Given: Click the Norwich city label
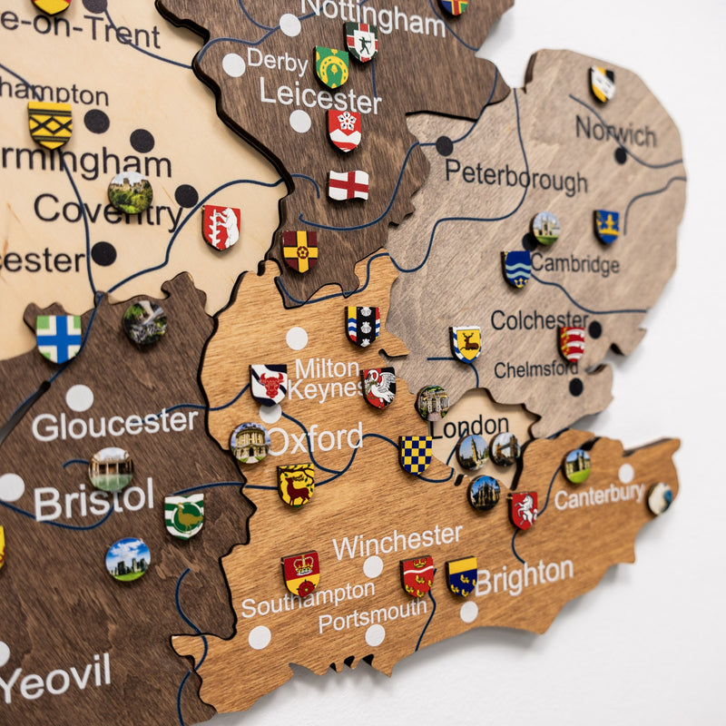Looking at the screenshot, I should pyautogui.click(x=615, y=132).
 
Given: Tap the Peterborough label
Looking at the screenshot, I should pyautogui.click(x=515, y=176).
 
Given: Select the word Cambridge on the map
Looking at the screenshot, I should pyautogui.click(x=574, y=264).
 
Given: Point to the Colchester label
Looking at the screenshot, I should pyautogui.click(x=539, y=319).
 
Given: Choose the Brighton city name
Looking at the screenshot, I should pyautogui.click(x=524, y=576).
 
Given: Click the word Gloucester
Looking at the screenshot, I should pyautogui.click(x=114, y=423).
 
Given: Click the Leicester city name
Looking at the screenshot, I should pyautogui.click(x=319, y=94).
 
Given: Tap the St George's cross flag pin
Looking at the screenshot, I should pyautogui.click(x=348, y=185).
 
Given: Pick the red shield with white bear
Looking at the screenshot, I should pyautogui.click(x=221, y=227).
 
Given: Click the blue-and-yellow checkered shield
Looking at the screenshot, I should pyautogui.click(x=416, y=455).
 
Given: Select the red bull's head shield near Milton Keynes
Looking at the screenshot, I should pyautogui.click(x=269, y=382).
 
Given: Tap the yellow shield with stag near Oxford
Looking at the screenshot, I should pyautogui.click(x=296, y=485).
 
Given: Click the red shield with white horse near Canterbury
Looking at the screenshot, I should pyautogui.click(x=523, y=510).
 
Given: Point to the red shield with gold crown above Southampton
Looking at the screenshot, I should pyautogui.click(x=300, y=572).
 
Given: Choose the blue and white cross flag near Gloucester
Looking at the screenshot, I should pyautogui.click(x=59, y=338).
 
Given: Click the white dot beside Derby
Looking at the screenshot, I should pyautogui.click(x=234, y=64).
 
